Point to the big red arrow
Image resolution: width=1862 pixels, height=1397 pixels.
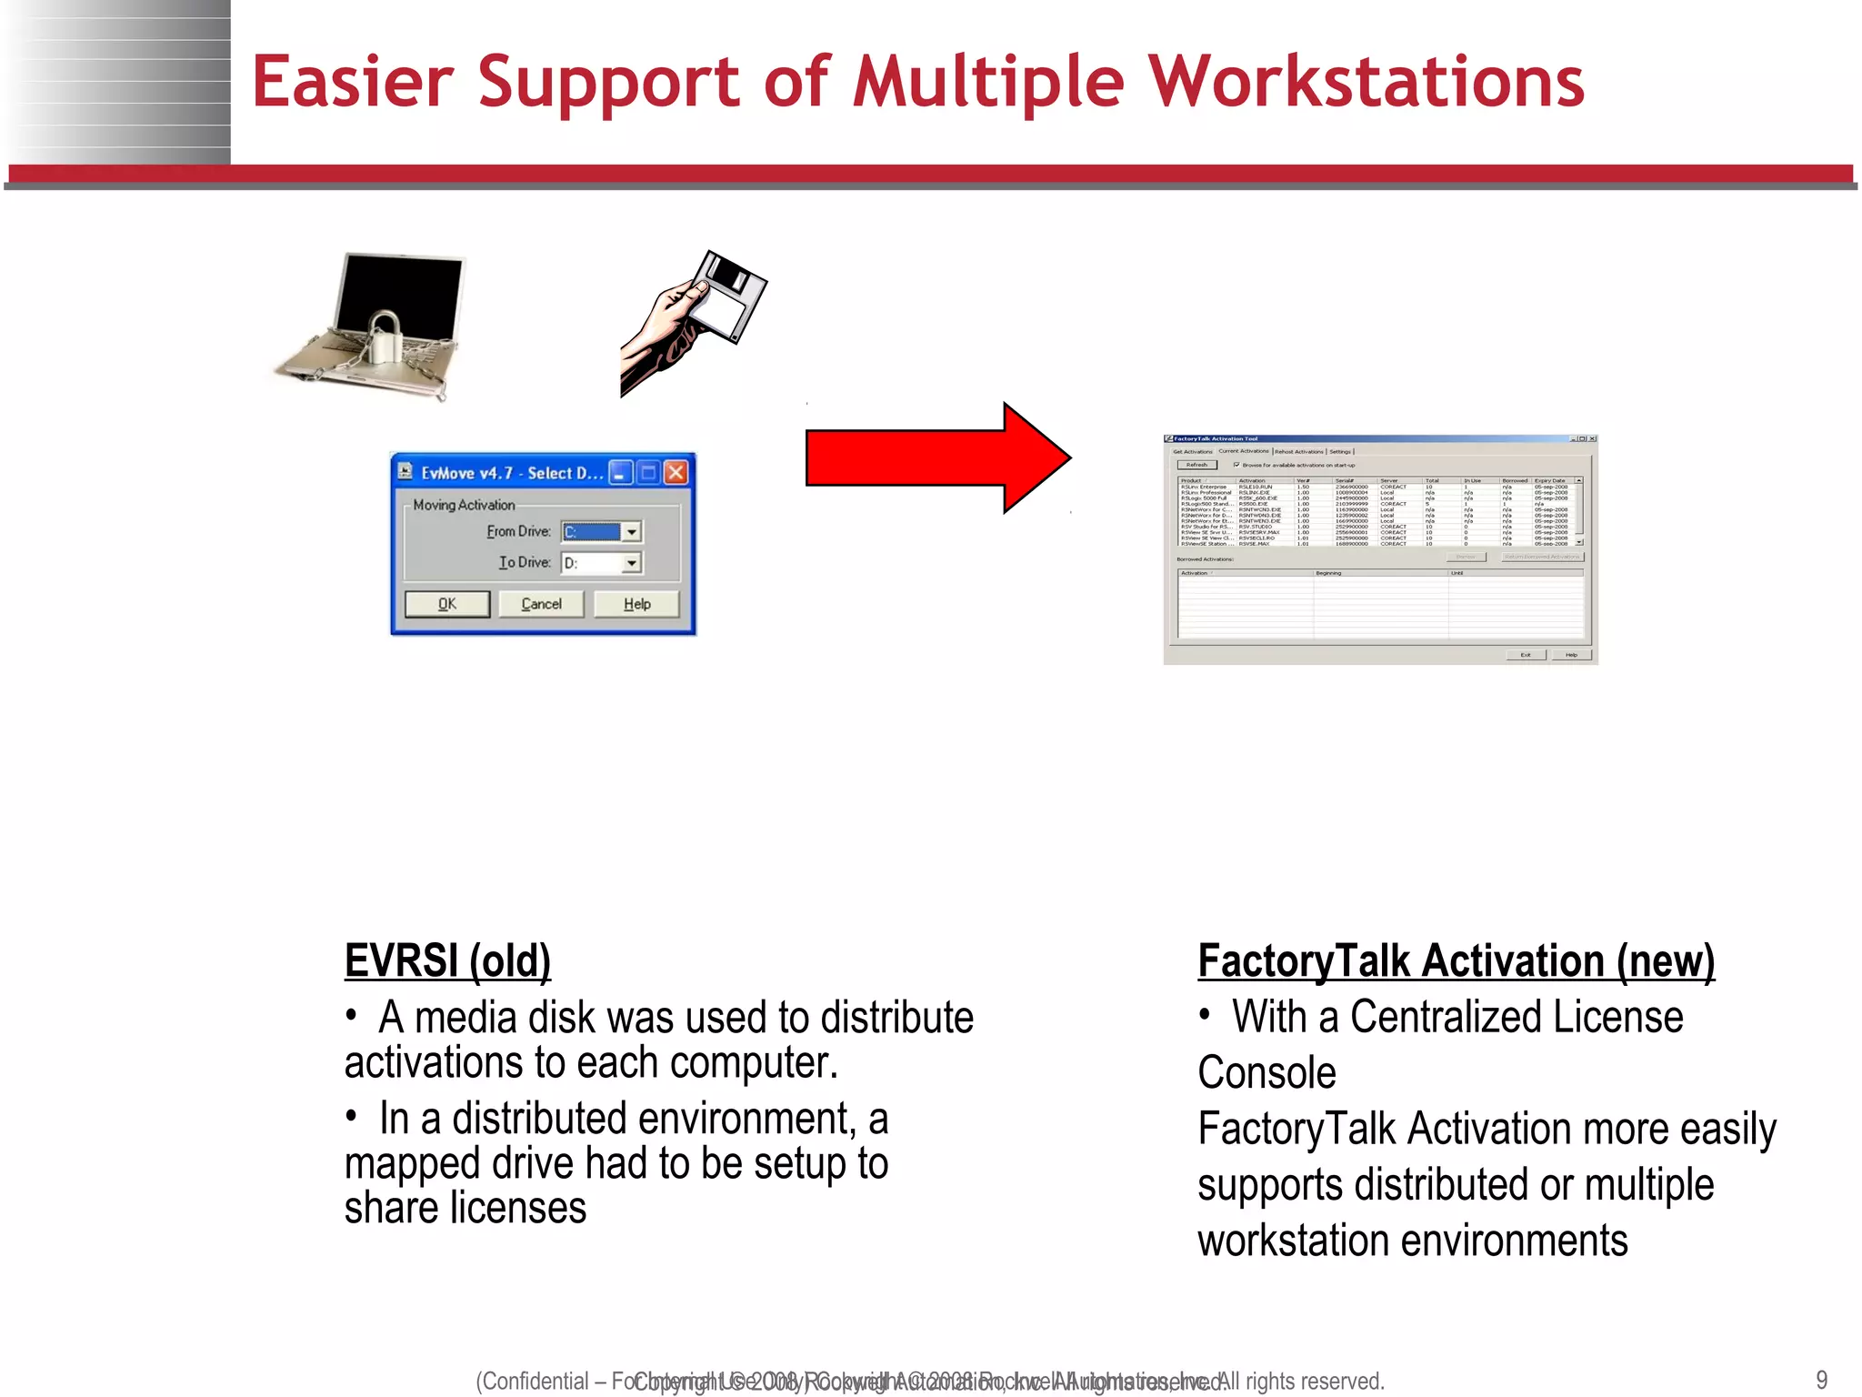point(936,457)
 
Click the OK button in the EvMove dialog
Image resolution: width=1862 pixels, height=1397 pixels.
point(446,604)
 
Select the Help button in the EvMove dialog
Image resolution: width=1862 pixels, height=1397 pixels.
point(636,604)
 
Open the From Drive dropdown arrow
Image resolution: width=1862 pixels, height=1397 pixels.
point(632,532)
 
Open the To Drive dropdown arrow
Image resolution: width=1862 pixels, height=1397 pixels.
point(632,564)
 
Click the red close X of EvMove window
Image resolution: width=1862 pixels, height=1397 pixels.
point(676,472)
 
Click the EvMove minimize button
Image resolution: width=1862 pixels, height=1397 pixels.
point(620,472)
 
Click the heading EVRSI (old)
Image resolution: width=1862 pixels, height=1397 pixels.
point(447,960)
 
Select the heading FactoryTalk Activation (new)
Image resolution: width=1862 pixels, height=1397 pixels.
point(1456,960)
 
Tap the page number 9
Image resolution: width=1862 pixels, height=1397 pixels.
point(1821,1379)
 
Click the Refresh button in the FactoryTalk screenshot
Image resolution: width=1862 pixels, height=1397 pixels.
point(1196,465)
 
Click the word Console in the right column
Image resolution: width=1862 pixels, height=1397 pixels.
point(1266,1073)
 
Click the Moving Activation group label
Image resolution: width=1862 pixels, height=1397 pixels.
point(464,505)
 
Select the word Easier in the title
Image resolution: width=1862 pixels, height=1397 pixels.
point(352,82)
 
